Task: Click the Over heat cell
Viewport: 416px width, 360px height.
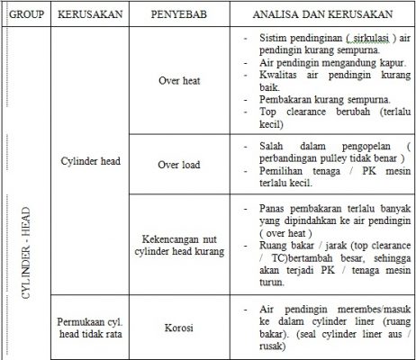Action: click(178, 80)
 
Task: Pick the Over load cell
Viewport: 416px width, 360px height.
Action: click(178, 165)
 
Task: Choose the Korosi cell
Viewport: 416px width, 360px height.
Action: click(178, 319)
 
